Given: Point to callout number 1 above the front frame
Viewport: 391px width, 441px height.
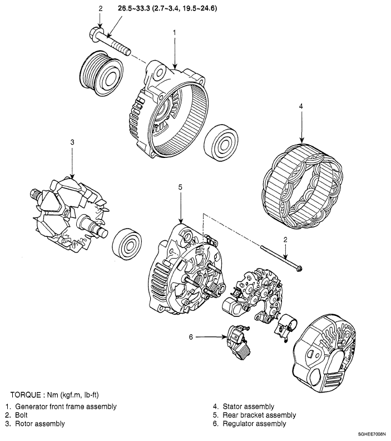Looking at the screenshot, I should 175,33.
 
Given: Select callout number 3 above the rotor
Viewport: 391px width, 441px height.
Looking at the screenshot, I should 72,143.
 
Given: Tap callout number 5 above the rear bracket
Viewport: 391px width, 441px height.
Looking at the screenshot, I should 180,188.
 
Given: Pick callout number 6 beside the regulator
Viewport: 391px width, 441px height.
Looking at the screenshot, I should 190,336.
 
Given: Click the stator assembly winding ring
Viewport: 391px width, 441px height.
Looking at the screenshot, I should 303,186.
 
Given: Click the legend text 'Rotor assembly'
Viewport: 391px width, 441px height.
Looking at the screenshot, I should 39,424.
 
